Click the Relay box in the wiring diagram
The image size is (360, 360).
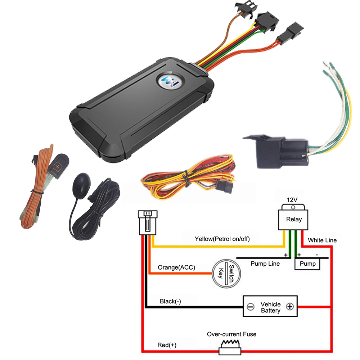coord(293,219)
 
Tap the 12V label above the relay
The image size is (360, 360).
coord(292,200)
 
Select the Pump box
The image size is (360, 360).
coord(307,264)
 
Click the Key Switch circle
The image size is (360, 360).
coord(226,274)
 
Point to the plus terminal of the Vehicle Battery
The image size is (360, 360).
coord(290,306)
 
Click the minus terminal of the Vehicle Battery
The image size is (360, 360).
coord(250,307)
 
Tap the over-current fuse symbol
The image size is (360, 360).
coord(230,347)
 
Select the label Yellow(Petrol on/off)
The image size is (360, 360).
coord(222,239)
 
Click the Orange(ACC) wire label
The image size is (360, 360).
coord(176,267)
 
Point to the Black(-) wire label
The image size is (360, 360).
coord(170,301)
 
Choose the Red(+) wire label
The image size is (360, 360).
coord(167,345)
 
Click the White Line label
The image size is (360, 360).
coord(322,240)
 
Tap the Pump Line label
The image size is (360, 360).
coord(265,264)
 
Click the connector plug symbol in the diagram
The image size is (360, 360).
coord(148,222)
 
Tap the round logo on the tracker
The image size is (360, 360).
coord(170,81)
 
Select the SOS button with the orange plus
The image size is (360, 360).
coord(58,166)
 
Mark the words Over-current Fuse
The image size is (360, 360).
coord(231,334)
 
